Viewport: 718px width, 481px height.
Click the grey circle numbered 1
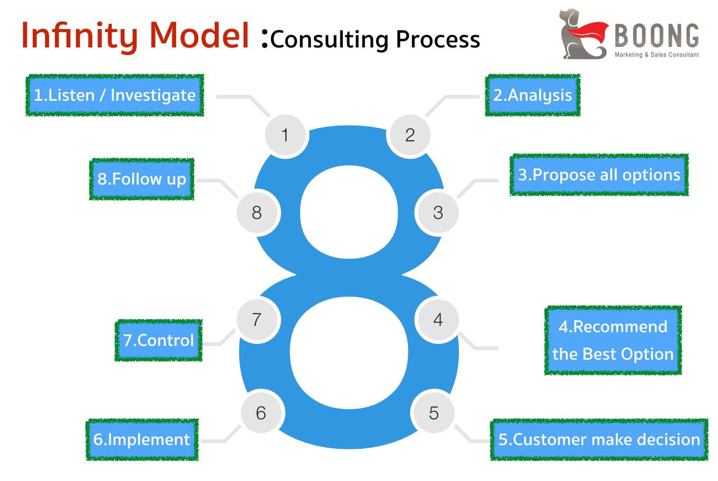coord(285,135)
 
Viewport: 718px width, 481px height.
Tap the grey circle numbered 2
coord(409,135)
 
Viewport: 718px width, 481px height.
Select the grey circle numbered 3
coord(437,213)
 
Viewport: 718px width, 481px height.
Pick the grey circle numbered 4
coord(437,320)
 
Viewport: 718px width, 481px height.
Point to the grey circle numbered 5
coord(433,413)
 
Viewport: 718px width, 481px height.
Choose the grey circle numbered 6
coord(261,413)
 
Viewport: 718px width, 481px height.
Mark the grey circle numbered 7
coord(256,320)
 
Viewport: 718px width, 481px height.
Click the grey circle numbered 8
coord(256,213)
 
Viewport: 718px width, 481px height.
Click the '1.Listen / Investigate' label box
coord(114,95)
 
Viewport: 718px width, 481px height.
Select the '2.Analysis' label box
coord(532,95)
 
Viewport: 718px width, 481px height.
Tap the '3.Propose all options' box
coord(599,175)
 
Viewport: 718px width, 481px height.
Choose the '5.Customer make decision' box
coord(599,440)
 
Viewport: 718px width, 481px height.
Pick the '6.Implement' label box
coord(142,440)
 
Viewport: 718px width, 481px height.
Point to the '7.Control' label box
coord(158,340)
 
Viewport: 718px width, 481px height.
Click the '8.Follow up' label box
coord(141,179)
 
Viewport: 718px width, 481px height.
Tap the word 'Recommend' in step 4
coord(620,327)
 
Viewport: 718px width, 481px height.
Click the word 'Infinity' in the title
coord(79,36)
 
